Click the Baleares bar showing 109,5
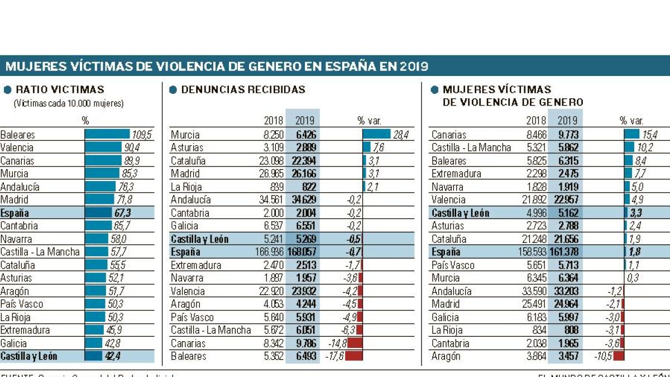pos(107,135)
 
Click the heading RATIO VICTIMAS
pos(60,89)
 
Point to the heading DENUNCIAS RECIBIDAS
pos(243,89)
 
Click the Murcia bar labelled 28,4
pos(376,135)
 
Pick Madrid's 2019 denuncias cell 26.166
pos(304,174)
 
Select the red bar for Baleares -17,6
pos(354,356)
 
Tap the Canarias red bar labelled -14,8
pos(355,343)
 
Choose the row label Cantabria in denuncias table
pos(190,213)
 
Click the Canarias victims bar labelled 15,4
pos(631,135)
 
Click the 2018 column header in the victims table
pos(536,121)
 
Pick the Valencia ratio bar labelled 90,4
pos(103,147)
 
